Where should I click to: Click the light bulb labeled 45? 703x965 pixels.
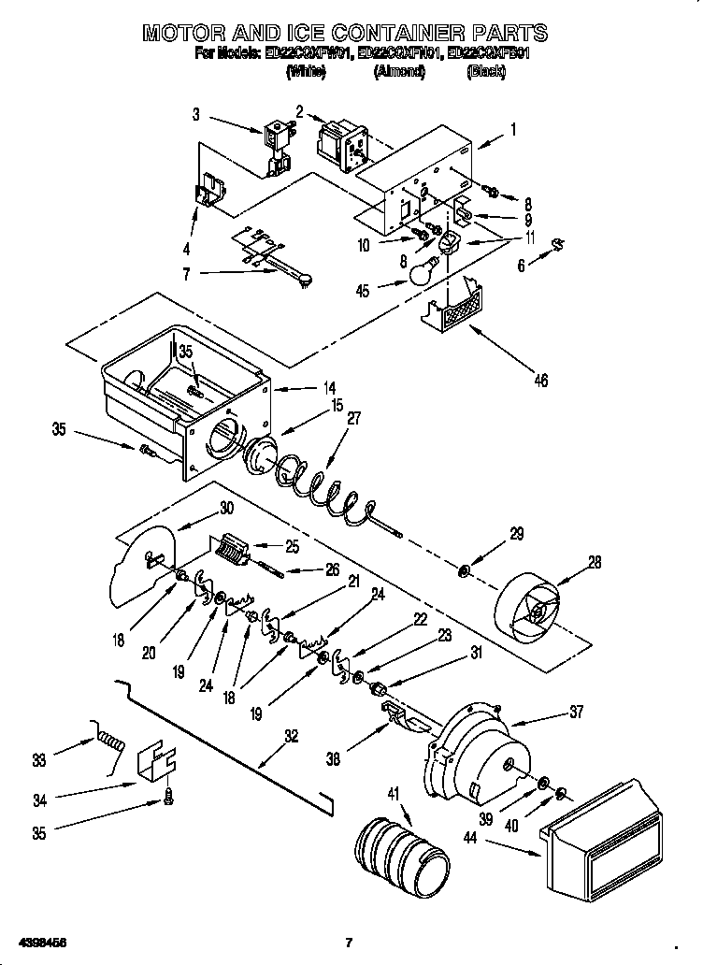[423, 271]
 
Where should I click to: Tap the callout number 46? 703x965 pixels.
[539, 380]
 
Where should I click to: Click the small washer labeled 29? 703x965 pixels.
[465, 569]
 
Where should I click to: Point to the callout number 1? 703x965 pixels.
[511, 130]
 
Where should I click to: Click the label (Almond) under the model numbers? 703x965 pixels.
[399, 72]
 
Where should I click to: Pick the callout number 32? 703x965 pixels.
[292, 736]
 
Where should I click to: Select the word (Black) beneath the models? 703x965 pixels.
[486, 72]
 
